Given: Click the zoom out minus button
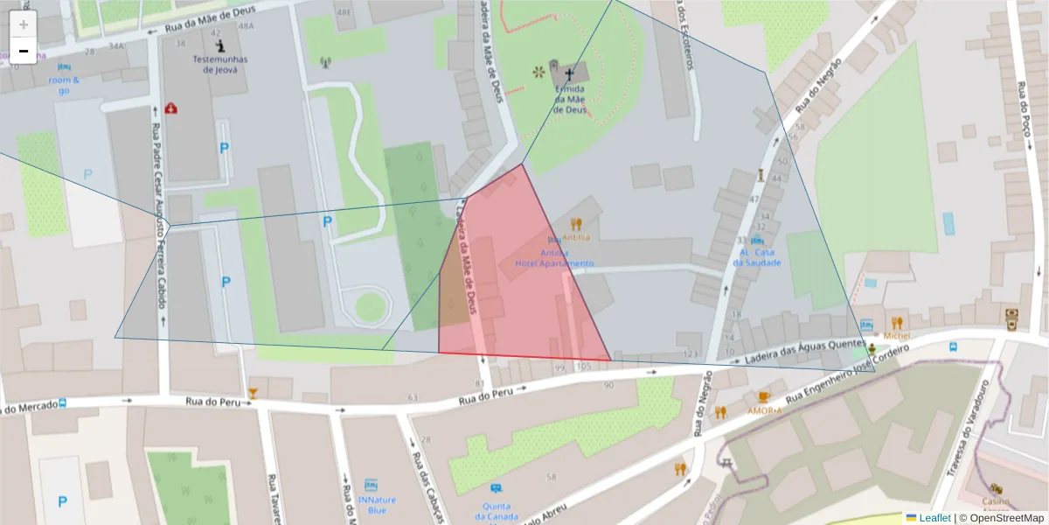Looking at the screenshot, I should (x=24, y=51).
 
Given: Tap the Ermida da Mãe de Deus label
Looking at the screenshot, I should (x=570, y=100).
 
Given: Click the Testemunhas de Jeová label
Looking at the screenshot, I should (x=219, y=65).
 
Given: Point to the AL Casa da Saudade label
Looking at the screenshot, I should (x=757, y=257).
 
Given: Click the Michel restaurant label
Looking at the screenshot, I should (x=896, y=335).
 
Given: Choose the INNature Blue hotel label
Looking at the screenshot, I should (x=371, y=505).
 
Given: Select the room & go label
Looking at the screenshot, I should (x=63, y=85).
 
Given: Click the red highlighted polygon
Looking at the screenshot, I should (x=516, y=289).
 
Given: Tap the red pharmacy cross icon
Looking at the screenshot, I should (x=170, y=108).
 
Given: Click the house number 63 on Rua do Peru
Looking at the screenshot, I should (x=413, y=398).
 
